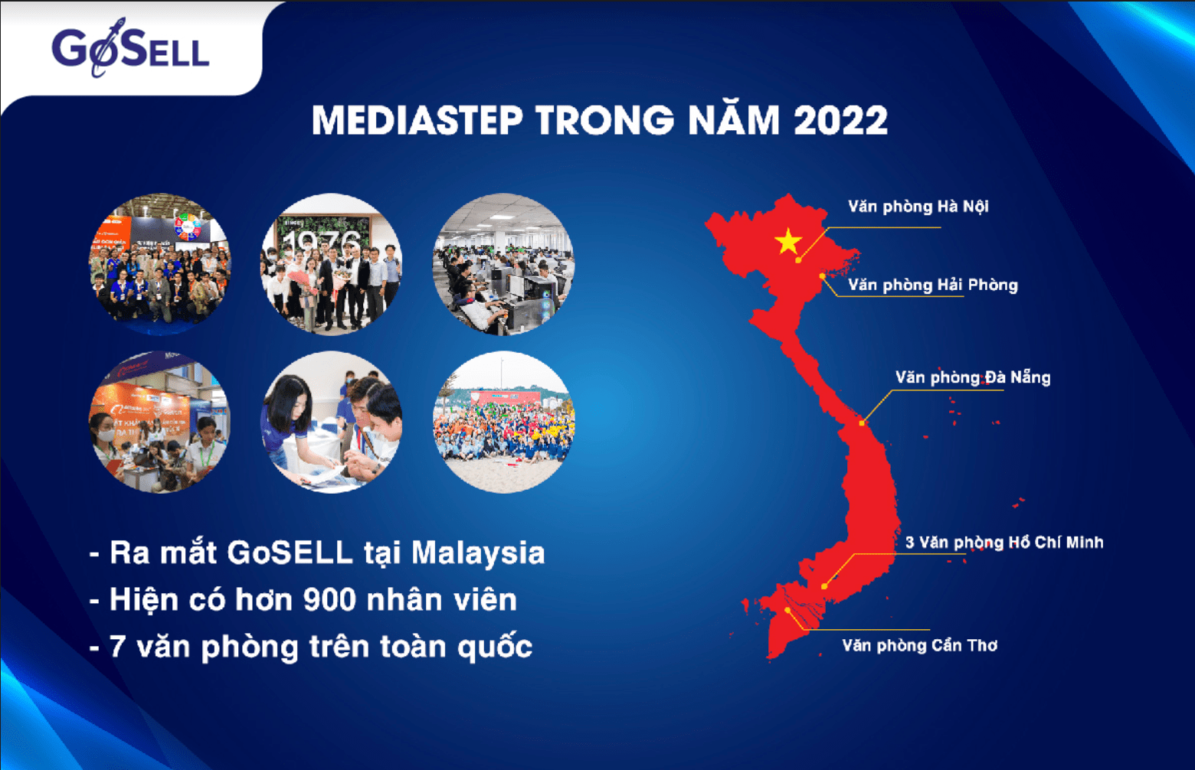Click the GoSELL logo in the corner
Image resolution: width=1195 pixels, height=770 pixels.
(130, 48)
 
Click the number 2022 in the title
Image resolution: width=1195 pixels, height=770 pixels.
(840, 120)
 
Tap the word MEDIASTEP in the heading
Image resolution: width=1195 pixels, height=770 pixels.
(417, 120)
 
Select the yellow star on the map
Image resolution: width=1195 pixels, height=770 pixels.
(788, 241)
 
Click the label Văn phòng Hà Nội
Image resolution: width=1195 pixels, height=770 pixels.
(918, 206)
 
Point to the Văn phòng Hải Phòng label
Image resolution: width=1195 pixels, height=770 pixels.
(932, 285)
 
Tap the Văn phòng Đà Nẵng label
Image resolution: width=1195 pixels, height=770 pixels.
(973, 377)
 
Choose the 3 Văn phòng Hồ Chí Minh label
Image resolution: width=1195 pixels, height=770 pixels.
(1004, 543)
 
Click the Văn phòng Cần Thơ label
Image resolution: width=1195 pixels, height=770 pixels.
(920, 645)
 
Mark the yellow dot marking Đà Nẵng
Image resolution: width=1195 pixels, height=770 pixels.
(862, 423)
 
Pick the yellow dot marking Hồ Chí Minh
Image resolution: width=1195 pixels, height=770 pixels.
(824, 586)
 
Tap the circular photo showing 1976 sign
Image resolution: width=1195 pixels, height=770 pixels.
(331, 264)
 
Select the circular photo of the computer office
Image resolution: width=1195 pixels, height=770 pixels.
(503, 264)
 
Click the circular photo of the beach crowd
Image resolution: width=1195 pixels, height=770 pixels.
(503, 422)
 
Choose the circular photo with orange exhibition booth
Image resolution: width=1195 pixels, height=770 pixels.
(159, 422)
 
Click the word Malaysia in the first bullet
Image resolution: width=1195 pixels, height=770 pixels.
(478, 553)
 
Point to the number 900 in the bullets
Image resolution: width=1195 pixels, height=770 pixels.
(329, 600)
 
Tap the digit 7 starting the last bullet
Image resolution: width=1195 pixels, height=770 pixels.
(117, 646)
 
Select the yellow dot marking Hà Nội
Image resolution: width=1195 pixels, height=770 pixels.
(798, 260)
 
